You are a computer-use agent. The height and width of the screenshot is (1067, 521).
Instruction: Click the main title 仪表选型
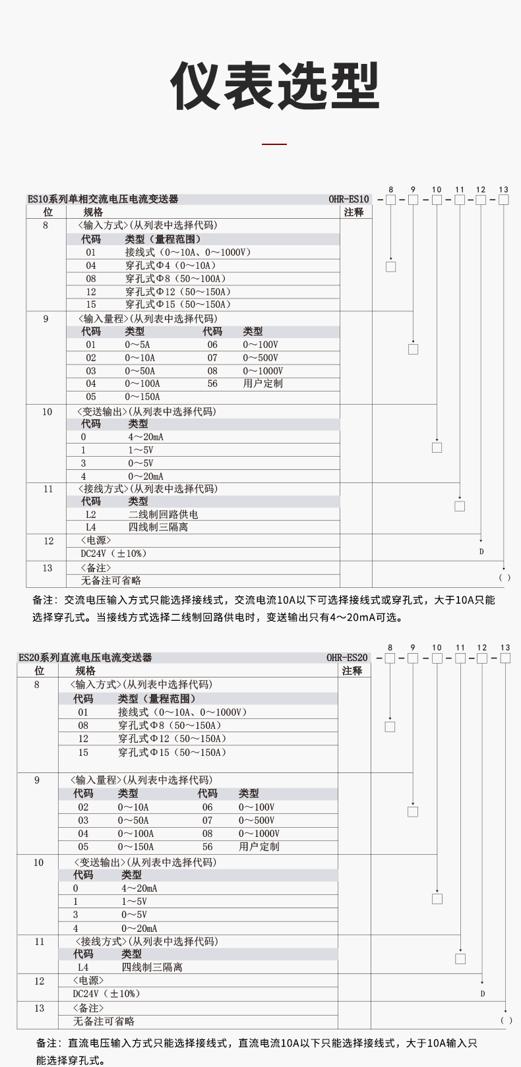(275, 86)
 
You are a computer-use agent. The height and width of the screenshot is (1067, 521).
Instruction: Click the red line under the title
(274, 143)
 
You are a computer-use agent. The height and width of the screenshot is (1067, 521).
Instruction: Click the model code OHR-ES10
(349, 199)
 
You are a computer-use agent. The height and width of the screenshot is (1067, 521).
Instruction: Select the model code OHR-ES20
(347, 658)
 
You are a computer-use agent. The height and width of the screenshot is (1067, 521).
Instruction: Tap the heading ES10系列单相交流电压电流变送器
(103, 199)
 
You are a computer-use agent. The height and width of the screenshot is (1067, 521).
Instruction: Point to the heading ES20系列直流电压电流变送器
(85, 658)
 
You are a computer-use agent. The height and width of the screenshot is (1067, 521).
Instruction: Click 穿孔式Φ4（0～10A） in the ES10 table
(171, 266)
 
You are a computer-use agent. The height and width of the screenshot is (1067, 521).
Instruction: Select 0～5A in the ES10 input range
(137, 345)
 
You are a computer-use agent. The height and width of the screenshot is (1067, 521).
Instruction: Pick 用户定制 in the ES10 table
(262, 384)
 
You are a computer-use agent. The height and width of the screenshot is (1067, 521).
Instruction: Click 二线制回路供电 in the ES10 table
(163, 514)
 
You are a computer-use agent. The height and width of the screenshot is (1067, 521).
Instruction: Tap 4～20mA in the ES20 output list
(139, 888)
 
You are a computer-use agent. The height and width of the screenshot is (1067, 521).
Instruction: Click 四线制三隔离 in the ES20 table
(152, 967)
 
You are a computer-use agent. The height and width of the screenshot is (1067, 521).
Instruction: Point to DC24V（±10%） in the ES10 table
(113, 554)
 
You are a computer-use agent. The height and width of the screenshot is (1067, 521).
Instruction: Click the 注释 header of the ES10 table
(354, 212)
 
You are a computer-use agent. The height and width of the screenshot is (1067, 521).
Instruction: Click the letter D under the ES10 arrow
(481, 552)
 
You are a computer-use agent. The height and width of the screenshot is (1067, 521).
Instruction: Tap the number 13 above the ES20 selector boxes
(505, 648)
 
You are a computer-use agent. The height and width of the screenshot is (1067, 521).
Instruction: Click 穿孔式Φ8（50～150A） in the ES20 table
(169, 726)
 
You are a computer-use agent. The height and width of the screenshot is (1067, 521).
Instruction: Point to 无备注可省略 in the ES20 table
(104, 1021)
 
